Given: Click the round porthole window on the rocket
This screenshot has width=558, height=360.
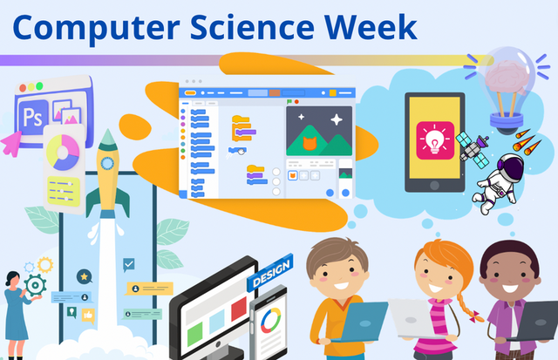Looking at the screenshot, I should point(108,162).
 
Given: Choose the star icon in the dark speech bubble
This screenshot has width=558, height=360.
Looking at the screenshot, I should point(84,276).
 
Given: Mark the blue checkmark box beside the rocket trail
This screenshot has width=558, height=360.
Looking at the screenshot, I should point(129,262).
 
